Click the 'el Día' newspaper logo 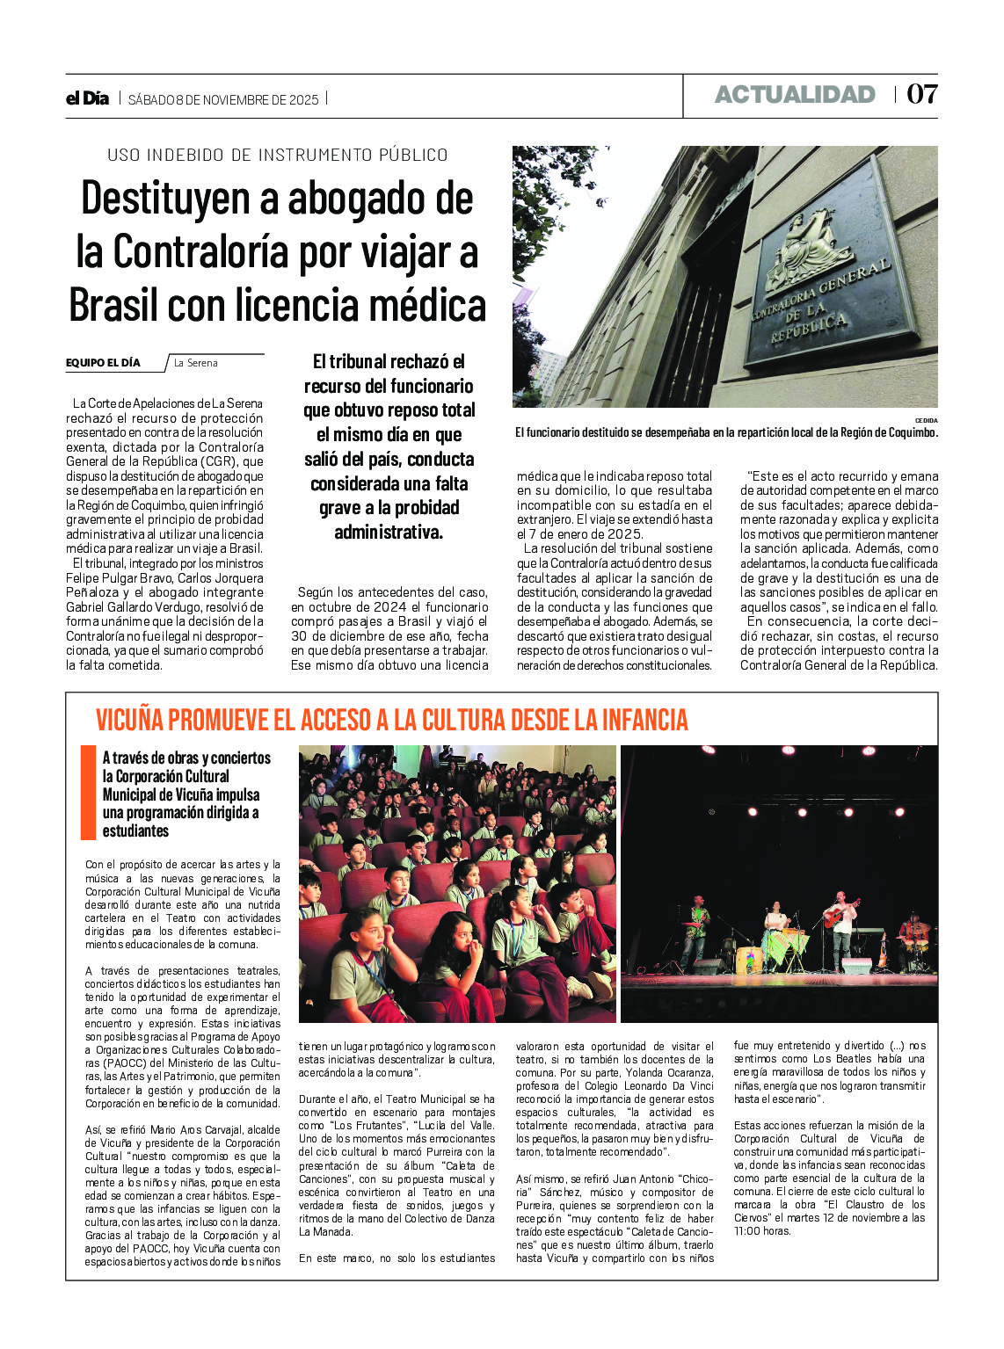87,98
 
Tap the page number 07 921,94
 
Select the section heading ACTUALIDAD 795,94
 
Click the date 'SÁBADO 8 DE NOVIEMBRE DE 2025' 223,99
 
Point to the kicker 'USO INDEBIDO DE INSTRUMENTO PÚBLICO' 278,155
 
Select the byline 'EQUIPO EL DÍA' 103,362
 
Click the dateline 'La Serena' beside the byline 195,363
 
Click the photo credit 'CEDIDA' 926,420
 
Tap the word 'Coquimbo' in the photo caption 906,432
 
